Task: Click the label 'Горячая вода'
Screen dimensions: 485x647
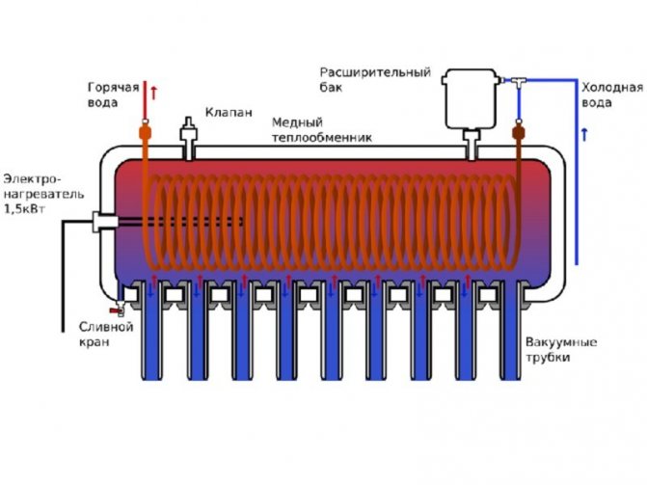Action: point(112,95)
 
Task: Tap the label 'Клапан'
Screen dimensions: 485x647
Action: point(229,113)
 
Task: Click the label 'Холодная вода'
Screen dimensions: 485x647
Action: point(607,93)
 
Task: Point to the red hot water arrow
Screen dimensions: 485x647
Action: point(154,94)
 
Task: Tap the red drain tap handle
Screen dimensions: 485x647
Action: point(116,310)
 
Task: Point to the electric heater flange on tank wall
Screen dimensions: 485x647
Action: point(102,221)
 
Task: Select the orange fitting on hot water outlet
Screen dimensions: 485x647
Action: point(146,131)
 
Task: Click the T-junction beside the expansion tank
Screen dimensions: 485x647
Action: point(521,76)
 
